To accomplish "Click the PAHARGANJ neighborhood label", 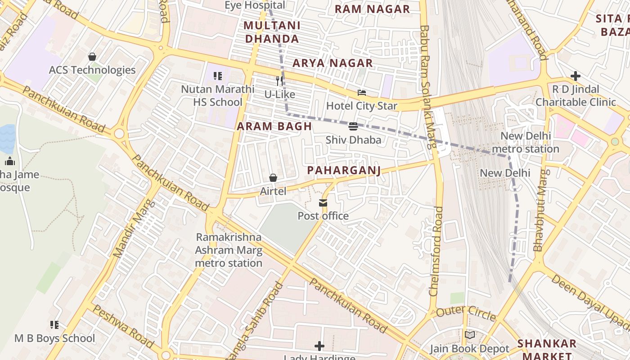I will click(x=344, y=170).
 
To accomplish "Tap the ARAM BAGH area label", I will click(x=274, y=126).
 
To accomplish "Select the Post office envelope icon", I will click(x=323, y=203).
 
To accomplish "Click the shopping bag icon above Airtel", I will click(x=273, y=178).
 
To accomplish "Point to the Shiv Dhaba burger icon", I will click(x=353, y=126).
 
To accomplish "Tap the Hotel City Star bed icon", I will click(x=361, y=93).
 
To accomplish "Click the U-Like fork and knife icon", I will click(x=279, y=81).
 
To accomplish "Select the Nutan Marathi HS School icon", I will click(x=218, y=76).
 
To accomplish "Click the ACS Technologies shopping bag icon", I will click(x=92, y=57).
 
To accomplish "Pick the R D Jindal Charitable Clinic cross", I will click(x=575, y=76).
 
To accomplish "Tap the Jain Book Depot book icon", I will click(x=469, y=335).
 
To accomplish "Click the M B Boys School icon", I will click(x=54, y=324).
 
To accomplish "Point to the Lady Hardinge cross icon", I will click(x=319, y=346).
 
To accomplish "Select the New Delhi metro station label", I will click(x=525, y=142).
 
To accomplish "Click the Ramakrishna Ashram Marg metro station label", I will click(x=229, y=250).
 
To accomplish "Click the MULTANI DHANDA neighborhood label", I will click(x=272, y=31).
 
